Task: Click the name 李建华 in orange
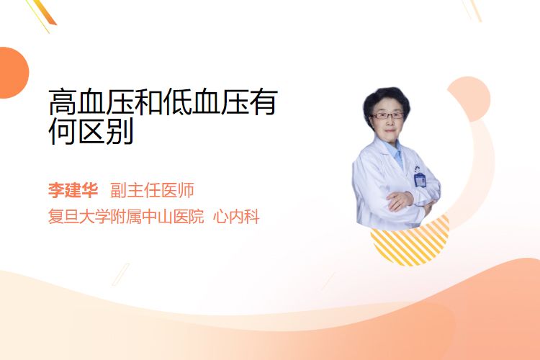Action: point(73,190)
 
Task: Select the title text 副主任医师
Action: point(152,190)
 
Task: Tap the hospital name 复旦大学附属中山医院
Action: point(126,217)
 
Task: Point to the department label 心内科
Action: point(236,217)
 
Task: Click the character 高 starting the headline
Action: point(63,102)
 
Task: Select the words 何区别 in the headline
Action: point(91,131)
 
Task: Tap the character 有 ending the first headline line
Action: point(264,102)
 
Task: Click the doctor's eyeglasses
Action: point(387,115)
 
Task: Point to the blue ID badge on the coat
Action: point(420,179)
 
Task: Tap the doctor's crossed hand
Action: point(399,201)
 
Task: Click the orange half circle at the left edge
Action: point(13,73)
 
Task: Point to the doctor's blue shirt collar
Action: point(396,152)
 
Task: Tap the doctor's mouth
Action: point(390,130)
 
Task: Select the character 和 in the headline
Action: point(149,102)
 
